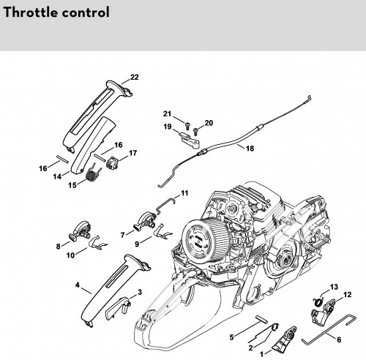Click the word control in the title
tap(86, 12)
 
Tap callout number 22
tap(134, 77)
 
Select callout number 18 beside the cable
tap(250, 149)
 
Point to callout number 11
tap(184, 193)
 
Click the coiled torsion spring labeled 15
tap(93, 173)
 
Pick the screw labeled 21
tap(187, 126)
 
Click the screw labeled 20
tap(195, 131)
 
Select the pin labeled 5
tap(261, 318)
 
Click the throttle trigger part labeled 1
tap(284, 340)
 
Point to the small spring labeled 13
tap(318, 301)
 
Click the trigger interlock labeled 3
tap(117, 308)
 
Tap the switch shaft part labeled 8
tap(78, 232)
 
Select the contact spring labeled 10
tap(97, 243)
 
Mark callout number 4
tap(78, 285)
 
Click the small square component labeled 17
tap(112, 162)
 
